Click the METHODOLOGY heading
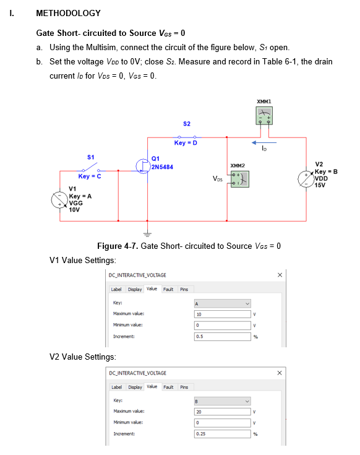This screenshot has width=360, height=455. click(x=68, y=13)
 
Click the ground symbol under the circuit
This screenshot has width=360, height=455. click(x=147, y=233)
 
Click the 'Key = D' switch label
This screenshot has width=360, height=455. click(x=186, y=143)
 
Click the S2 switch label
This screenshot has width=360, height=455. click(x=186, y=124)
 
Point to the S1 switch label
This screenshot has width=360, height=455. click(x=90, y=157)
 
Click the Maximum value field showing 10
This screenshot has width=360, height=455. click(x=221, y=314)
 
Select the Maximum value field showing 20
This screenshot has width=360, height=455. click(x=221, y=411)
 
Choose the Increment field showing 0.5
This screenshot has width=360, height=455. click(x=221, y=336)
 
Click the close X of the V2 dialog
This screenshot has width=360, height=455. click(x=280, y=372)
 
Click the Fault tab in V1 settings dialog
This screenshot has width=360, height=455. click(x=168, y=289)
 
